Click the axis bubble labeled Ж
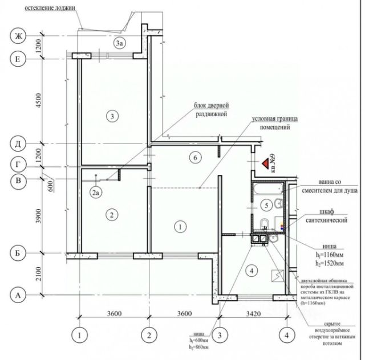18,36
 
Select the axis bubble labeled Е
18,58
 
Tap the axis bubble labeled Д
18,144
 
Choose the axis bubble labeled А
18,295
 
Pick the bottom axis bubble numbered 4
286,334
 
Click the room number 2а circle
96,193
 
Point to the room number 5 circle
266,204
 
